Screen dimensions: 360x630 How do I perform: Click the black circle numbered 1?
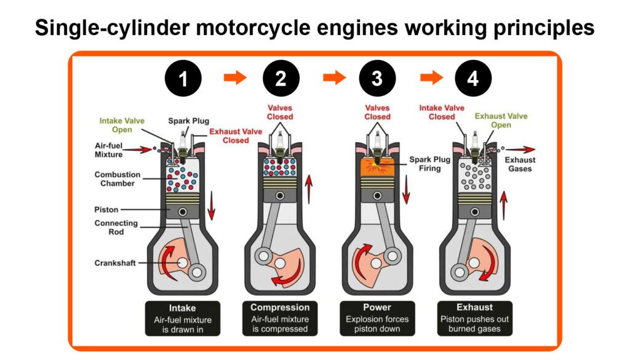(183, 79)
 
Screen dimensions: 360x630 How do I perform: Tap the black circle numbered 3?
(377, 79)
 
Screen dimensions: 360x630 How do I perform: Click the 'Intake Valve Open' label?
(122, 125)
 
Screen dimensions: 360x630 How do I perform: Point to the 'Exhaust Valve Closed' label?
(236, 135)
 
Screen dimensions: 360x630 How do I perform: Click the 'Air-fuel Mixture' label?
(108, 150)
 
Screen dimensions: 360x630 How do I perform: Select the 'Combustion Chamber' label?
(117, 179)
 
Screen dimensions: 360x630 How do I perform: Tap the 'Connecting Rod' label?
(116, 227)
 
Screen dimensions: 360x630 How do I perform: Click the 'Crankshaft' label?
(115, 263)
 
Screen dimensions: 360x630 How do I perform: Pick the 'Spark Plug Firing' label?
(430, 164)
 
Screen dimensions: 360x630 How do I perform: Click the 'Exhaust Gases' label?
(520, 164)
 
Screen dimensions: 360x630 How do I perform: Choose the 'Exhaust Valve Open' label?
(501, 121)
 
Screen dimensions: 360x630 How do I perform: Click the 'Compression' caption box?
(280, 318)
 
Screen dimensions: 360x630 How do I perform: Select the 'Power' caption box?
(377, 318)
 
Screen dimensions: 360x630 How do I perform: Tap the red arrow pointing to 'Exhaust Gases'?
(520, 149)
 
